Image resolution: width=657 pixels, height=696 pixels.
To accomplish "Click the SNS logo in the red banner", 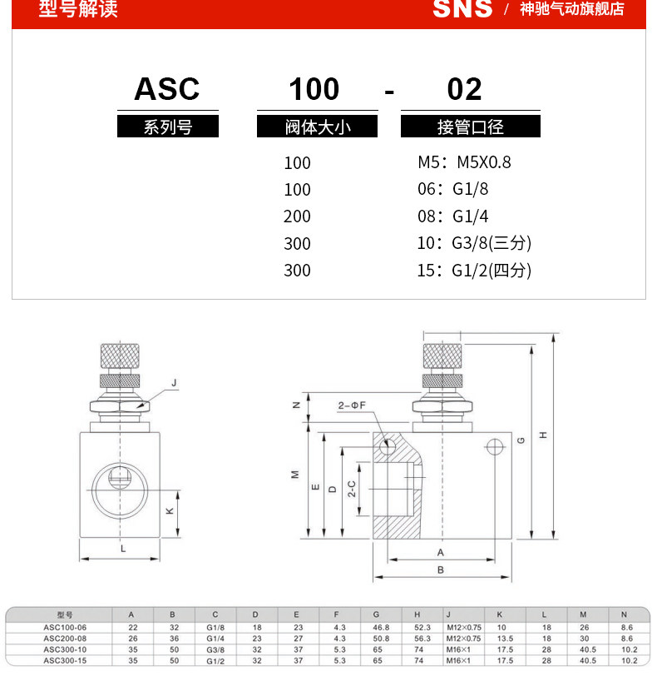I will [462, 9].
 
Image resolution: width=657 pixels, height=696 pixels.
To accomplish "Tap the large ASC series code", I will [167, 89].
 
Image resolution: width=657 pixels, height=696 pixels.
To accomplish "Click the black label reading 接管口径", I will [470, 127].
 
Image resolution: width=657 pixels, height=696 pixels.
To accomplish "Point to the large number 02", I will [464, 89].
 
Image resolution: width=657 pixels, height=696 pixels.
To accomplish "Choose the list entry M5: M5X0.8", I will [464, 162].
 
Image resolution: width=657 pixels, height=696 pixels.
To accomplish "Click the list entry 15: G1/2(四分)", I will [474, 270].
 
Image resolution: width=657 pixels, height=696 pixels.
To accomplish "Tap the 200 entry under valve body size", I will [297, 216].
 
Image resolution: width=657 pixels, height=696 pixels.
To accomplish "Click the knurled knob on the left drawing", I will [121, 355].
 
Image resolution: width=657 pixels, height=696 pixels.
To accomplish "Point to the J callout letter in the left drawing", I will [174, 383].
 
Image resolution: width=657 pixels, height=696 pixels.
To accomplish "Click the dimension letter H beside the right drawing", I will [543, 435].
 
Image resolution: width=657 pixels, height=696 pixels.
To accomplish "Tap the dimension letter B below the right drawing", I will [441, 569].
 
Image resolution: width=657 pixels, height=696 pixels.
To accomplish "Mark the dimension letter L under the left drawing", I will [122, 549].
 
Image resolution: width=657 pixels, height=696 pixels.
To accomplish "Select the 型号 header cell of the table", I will [65, 616].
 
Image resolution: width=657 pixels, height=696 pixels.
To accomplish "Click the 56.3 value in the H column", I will [422, 639].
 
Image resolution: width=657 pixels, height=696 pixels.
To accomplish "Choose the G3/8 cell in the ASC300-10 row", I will [215, 649].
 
